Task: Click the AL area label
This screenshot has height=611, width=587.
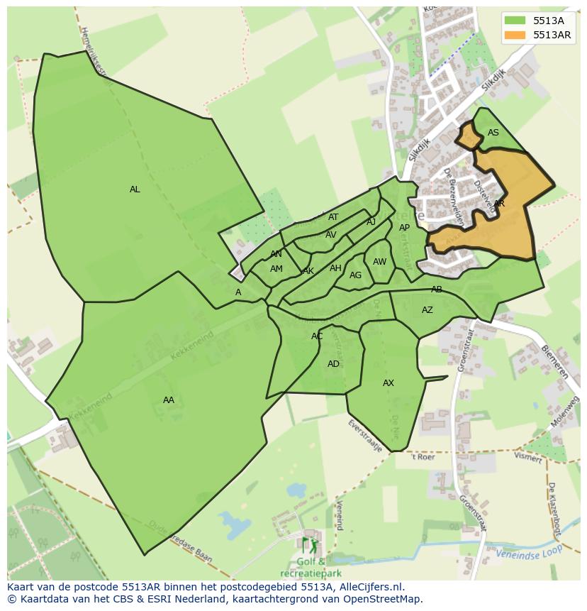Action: [x=135, y=189]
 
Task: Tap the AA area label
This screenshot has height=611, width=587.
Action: [x=168, y=400]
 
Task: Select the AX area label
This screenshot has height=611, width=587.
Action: [x=388, y=383]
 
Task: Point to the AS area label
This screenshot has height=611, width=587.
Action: [x=493, y=133]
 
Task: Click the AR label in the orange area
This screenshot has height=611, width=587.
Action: [x=499, y=204]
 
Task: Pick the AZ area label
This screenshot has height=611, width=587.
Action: [x=427, y=310]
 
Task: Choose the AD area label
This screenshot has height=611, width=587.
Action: [x=333, y=364]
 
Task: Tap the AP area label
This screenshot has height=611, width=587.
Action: [x=404, y=228]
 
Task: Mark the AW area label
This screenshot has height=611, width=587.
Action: [x=380, y=262]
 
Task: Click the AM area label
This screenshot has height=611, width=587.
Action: [x=276, y=269]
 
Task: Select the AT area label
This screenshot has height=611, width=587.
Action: [x=333, y=217]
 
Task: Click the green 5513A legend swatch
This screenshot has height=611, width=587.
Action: [x=515, y=21]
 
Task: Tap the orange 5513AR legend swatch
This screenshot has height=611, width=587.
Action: [x=515, y=35]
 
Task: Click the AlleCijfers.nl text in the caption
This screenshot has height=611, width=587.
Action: [x=363, y=587]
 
